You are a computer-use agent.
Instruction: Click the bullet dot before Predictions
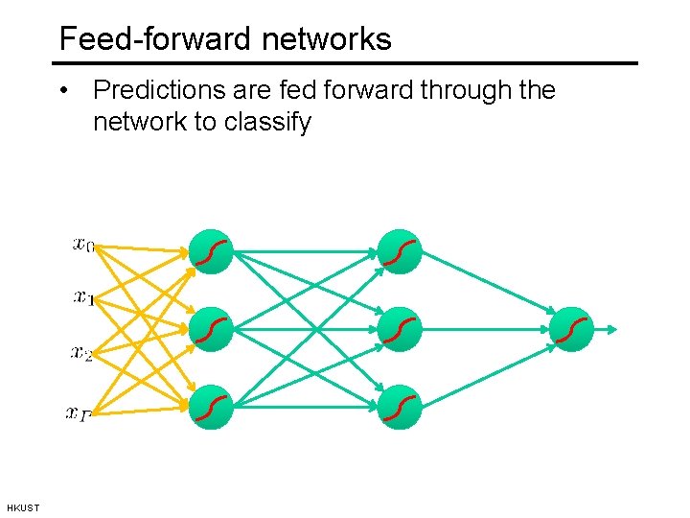62,92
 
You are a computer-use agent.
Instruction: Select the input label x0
83,244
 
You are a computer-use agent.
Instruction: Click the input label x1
83,298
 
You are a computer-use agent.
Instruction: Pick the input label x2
82,354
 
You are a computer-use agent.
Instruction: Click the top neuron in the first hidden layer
212,252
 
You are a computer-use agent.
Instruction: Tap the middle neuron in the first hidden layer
212,330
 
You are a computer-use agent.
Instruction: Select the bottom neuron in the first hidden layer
212,407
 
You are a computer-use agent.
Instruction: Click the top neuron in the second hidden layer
400,252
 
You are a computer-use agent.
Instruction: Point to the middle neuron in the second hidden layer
400,330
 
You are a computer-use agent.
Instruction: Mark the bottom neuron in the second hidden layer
400,407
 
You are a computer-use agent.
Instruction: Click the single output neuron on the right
572,330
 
